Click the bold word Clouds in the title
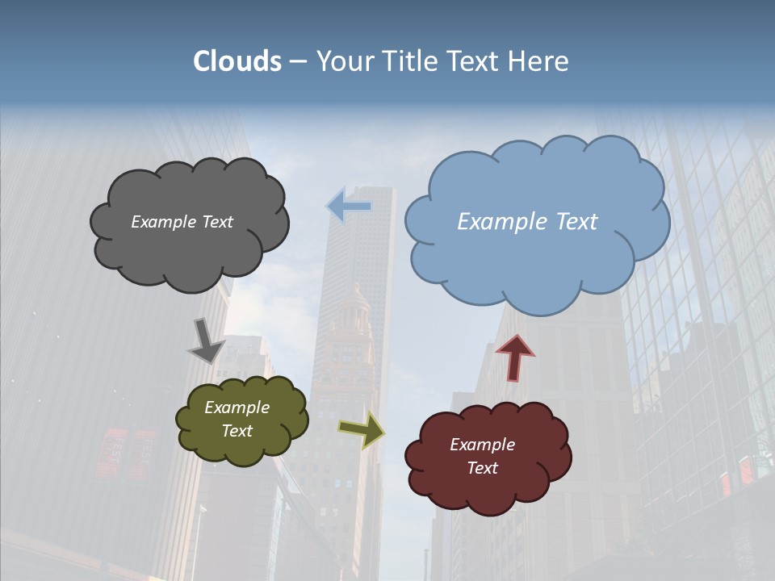(237, 61)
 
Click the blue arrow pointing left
(349, 207)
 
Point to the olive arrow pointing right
(361, 429)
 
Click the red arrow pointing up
(515, 357)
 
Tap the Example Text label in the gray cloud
(182, 222)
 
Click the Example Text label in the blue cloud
(527, 222)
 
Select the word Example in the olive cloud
(237, 408)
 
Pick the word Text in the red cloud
(482, 468)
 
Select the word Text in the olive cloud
(237, 431)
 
